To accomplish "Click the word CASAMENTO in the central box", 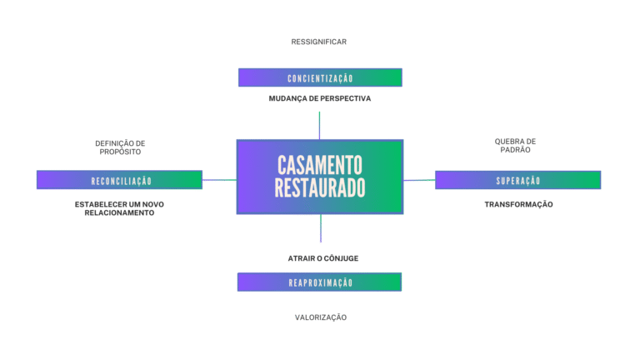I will (319, 164).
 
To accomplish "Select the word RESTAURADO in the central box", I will (319, 188).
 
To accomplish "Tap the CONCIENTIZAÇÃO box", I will (320, 77).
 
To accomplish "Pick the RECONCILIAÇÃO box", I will (120, 180).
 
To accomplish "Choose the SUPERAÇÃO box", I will (517, 180).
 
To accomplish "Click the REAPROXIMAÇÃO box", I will (320, 282).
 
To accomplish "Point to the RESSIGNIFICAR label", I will (319, 42).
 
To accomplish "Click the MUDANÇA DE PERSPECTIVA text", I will (319, 98).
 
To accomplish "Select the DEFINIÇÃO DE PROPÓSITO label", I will (120, 147).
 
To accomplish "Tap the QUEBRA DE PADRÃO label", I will (515, 145).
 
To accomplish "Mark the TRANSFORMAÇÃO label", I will (518, 204).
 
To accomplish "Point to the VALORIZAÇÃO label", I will (320, 317).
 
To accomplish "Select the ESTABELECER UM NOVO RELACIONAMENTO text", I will (120, 207).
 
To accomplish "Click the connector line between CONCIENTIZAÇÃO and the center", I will (319, 125).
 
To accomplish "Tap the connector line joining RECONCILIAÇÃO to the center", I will (219, 179).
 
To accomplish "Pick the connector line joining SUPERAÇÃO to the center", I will (419, 179).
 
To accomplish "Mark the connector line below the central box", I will (321, 228).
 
